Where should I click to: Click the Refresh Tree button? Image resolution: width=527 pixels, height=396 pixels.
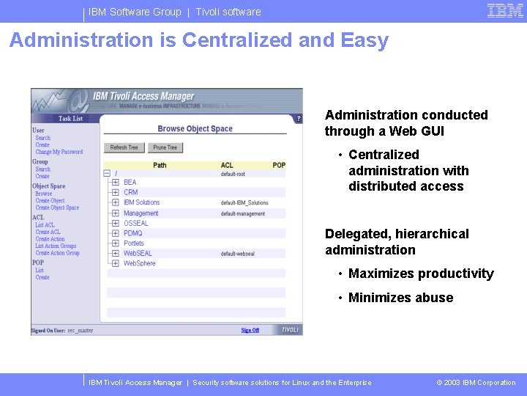124,147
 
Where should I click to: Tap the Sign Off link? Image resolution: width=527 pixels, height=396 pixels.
250,330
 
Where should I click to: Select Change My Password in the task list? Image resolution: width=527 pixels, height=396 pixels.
59,152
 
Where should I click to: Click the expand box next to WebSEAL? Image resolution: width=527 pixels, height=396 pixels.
115,253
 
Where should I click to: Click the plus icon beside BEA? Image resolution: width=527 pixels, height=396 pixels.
115,183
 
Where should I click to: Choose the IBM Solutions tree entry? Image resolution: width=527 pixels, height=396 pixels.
141,202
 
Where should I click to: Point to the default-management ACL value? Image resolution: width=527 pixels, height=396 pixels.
243,213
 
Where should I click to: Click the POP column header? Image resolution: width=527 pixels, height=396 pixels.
279,165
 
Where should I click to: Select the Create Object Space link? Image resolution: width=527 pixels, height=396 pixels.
57,208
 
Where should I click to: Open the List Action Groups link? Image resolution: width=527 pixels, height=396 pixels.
56,246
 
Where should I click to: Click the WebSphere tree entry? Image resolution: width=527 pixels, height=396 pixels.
139,263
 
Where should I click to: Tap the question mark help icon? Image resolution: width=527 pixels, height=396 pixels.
298,118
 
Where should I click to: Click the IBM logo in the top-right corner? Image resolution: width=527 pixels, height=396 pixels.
505,11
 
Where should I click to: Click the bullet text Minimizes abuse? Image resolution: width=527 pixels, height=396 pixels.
400,298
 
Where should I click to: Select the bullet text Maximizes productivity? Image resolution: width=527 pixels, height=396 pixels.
421,274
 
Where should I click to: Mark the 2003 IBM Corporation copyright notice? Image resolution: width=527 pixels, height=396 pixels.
476,383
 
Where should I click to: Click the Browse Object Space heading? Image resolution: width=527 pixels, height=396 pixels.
195,129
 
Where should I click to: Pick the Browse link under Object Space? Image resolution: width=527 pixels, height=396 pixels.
44,194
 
